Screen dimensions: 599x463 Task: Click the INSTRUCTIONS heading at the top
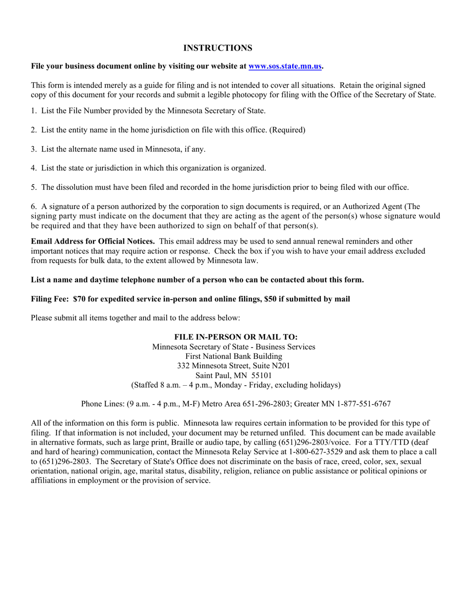[218, 48]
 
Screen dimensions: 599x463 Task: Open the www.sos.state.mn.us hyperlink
[285, 66]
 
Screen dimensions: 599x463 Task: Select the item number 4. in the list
[34, 168]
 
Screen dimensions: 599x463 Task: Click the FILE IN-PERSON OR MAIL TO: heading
[236, 337]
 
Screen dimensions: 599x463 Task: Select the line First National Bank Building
[233, 356]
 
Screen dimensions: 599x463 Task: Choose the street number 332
[183, 366]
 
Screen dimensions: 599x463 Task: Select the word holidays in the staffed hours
[322, 385]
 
